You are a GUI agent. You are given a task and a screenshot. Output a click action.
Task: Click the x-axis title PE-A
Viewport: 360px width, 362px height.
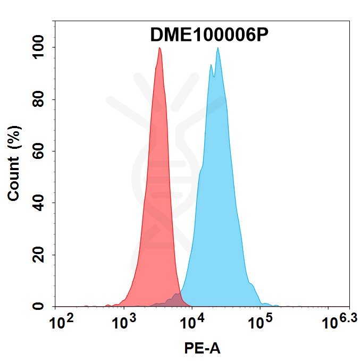[202, 349]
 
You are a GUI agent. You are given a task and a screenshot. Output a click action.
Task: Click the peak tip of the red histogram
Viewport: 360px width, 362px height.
[160, 48]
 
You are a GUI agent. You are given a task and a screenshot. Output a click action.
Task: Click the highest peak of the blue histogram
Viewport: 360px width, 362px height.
[217, 48]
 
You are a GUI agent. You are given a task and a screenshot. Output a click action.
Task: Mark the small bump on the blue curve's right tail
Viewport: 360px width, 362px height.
[252, 285]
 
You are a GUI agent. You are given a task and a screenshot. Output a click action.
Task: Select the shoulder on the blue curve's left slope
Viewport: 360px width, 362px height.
[201, 169]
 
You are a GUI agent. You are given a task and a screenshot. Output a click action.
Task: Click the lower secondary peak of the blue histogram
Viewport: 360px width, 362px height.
[211, 65]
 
